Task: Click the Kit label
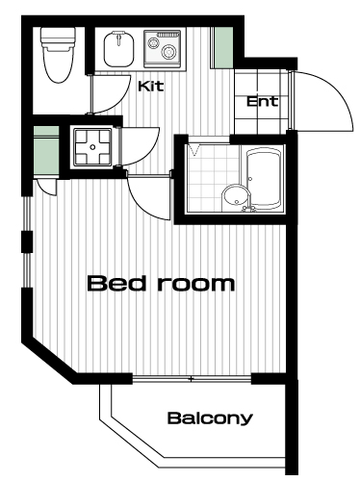151,86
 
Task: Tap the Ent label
262,102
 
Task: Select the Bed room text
161,283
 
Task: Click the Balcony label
210,418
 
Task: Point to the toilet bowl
57,64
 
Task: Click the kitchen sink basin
118,49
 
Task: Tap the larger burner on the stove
167,52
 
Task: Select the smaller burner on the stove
152,42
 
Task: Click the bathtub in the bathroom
265,178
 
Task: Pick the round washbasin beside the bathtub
236,197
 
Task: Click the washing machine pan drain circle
92,147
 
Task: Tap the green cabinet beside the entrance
223,47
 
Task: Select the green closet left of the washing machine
46,150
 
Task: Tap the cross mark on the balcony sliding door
192,379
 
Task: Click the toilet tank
58,36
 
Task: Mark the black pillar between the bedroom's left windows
27,242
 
